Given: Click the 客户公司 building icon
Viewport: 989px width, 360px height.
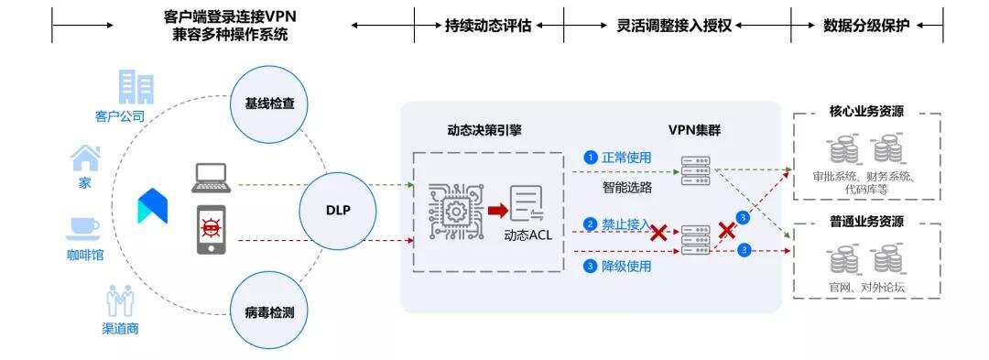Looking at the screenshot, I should (136, 88).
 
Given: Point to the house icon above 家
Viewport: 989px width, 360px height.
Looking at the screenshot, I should (84, 158).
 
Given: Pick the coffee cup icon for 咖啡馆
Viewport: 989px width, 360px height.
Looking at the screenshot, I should (84, 227).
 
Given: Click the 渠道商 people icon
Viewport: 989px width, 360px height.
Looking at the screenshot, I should (120, 300).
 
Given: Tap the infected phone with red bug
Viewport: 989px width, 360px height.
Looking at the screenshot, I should (211, 230).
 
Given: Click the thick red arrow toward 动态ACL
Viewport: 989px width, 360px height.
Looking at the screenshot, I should (497, 212).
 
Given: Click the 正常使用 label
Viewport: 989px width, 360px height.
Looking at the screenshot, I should (625, 158).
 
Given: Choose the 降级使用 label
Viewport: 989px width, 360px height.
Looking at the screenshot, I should (625, 267).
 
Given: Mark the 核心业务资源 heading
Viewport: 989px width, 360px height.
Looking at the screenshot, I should (866, 114).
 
